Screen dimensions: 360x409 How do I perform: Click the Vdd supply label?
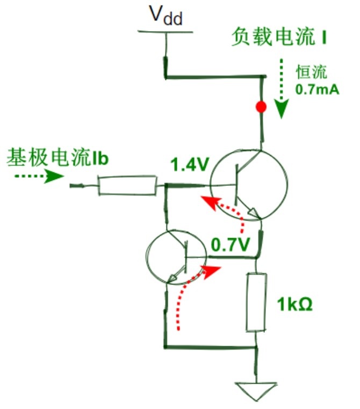166,15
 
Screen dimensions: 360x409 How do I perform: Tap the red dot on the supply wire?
261,107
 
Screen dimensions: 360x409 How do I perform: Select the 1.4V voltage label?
190,165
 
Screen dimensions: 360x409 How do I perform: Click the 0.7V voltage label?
231,244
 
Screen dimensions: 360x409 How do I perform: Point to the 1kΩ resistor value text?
294,304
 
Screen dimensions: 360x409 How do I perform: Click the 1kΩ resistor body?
256,303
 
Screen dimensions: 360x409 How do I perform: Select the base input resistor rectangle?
128,186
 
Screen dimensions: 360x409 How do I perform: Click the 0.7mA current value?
317,89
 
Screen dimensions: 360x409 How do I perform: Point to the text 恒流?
311,72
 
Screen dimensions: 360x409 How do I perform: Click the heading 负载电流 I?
279,37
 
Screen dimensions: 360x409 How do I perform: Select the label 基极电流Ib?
57,157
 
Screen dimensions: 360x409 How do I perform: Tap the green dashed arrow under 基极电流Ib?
39,176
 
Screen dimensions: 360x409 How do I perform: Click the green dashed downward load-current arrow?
281,89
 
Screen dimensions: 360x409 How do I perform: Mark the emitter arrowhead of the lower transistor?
172,278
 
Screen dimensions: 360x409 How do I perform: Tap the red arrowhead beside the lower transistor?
212,272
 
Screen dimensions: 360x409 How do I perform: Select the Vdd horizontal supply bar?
165,32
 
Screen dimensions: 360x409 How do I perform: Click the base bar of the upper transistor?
236,184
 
